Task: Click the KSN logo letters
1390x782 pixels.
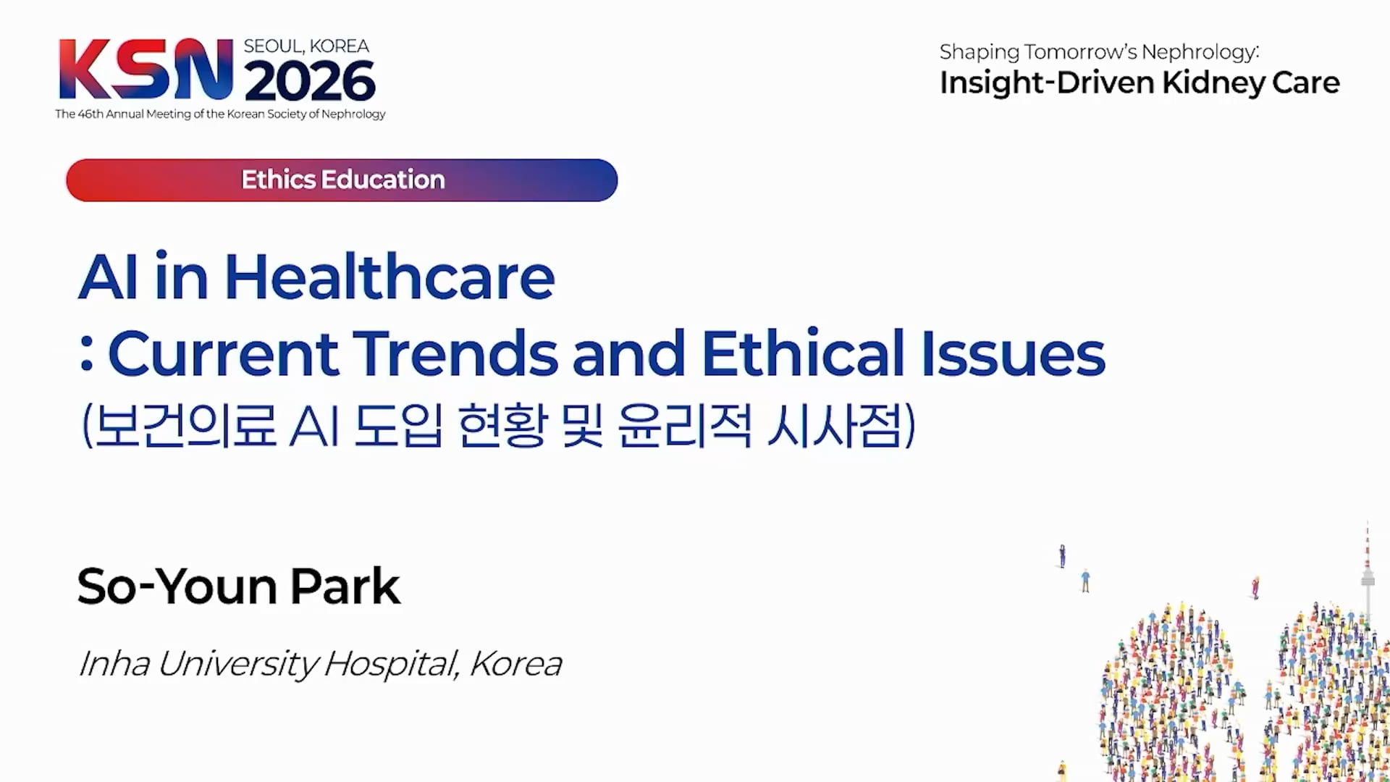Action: (146, 69)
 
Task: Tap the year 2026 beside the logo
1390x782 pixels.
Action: (310, 80)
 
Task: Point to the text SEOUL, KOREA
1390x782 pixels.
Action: (306, 46)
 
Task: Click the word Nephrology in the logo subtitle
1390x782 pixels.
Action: (353, 114)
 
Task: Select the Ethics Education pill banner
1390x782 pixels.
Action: (342, 180)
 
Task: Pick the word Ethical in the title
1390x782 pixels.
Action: (803, 353)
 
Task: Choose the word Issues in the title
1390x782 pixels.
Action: (1013, 353)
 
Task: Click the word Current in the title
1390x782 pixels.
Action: (224, 354)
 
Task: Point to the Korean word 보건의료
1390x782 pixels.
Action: (185, 425)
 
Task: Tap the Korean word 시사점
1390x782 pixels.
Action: (835, 425)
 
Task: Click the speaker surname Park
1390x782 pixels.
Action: (345, 586)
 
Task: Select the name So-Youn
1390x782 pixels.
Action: (177, 586)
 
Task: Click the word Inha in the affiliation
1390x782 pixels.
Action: (114, 663)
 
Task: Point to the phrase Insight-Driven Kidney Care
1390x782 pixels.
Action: (1140, 83)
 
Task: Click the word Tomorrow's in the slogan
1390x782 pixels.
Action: (1079, 52)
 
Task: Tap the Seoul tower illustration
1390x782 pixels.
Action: (1367, 572)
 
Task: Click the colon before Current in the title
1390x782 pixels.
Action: (87, 354)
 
